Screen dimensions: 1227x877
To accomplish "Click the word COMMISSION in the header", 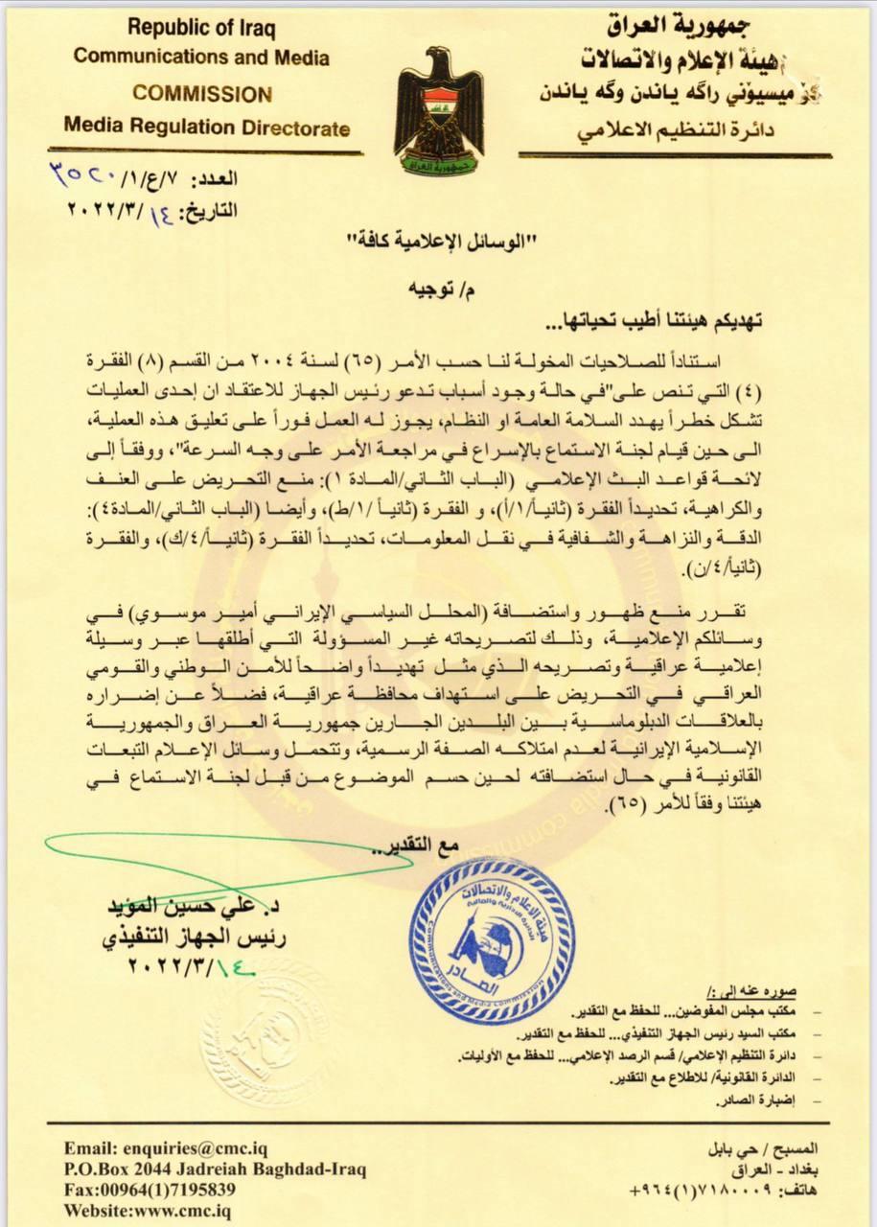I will click(201, 95).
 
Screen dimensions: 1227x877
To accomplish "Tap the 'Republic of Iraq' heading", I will click(201, 29).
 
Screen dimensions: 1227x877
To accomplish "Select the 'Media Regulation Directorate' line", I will click(207, 127).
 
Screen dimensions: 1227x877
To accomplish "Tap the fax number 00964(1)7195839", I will click(150, 1190).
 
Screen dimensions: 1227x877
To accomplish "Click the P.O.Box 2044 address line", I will click(216, 1169).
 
